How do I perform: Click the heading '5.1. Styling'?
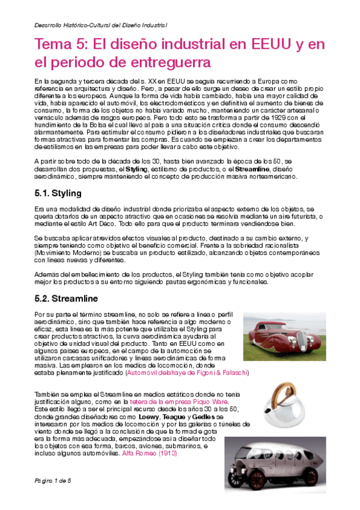[x=58, y=194]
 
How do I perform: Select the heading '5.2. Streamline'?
[x=67, y=299]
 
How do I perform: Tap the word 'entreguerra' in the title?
[x=170, y=62]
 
